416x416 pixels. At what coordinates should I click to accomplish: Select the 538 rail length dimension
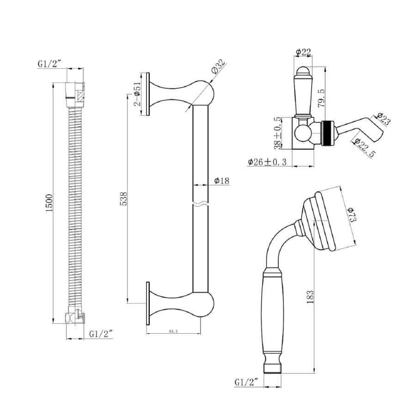coord(123,198)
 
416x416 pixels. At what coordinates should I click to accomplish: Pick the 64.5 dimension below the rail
coord(174,331)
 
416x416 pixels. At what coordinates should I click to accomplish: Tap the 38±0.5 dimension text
coord(278,132)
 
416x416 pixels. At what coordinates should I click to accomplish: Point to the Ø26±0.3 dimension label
coord(267,162)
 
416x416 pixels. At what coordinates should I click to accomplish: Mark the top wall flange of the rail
coord(148,94)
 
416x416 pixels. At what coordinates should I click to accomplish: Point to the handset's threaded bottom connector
coord(273,367)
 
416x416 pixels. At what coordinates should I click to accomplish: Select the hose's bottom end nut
coord(75,318)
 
